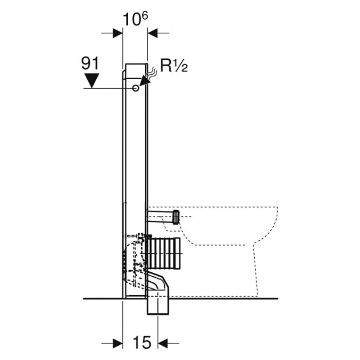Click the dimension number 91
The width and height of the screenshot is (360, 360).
tap(90, 63)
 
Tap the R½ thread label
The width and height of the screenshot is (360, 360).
tap(174, 66)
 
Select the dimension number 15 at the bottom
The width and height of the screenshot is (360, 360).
tap(142, 342)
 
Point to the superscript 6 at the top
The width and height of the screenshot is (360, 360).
tap(144, 16)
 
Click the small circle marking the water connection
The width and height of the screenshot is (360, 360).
tap(136, 88)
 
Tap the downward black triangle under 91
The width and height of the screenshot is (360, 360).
tap(92, 81)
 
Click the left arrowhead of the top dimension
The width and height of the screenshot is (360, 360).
tap(117, 33)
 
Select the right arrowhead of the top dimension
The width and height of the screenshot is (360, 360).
tap(153, 33)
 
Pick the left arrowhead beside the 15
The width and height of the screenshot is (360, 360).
tap(117, 343)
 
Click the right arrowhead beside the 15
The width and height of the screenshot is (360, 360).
tap(163, 343)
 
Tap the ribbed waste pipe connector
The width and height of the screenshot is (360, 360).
tap(164, 253)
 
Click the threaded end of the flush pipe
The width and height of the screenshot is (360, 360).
tap(176, 217)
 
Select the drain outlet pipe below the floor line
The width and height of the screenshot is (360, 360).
tap(158, 306)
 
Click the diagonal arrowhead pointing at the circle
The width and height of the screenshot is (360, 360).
tap(144, 81)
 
